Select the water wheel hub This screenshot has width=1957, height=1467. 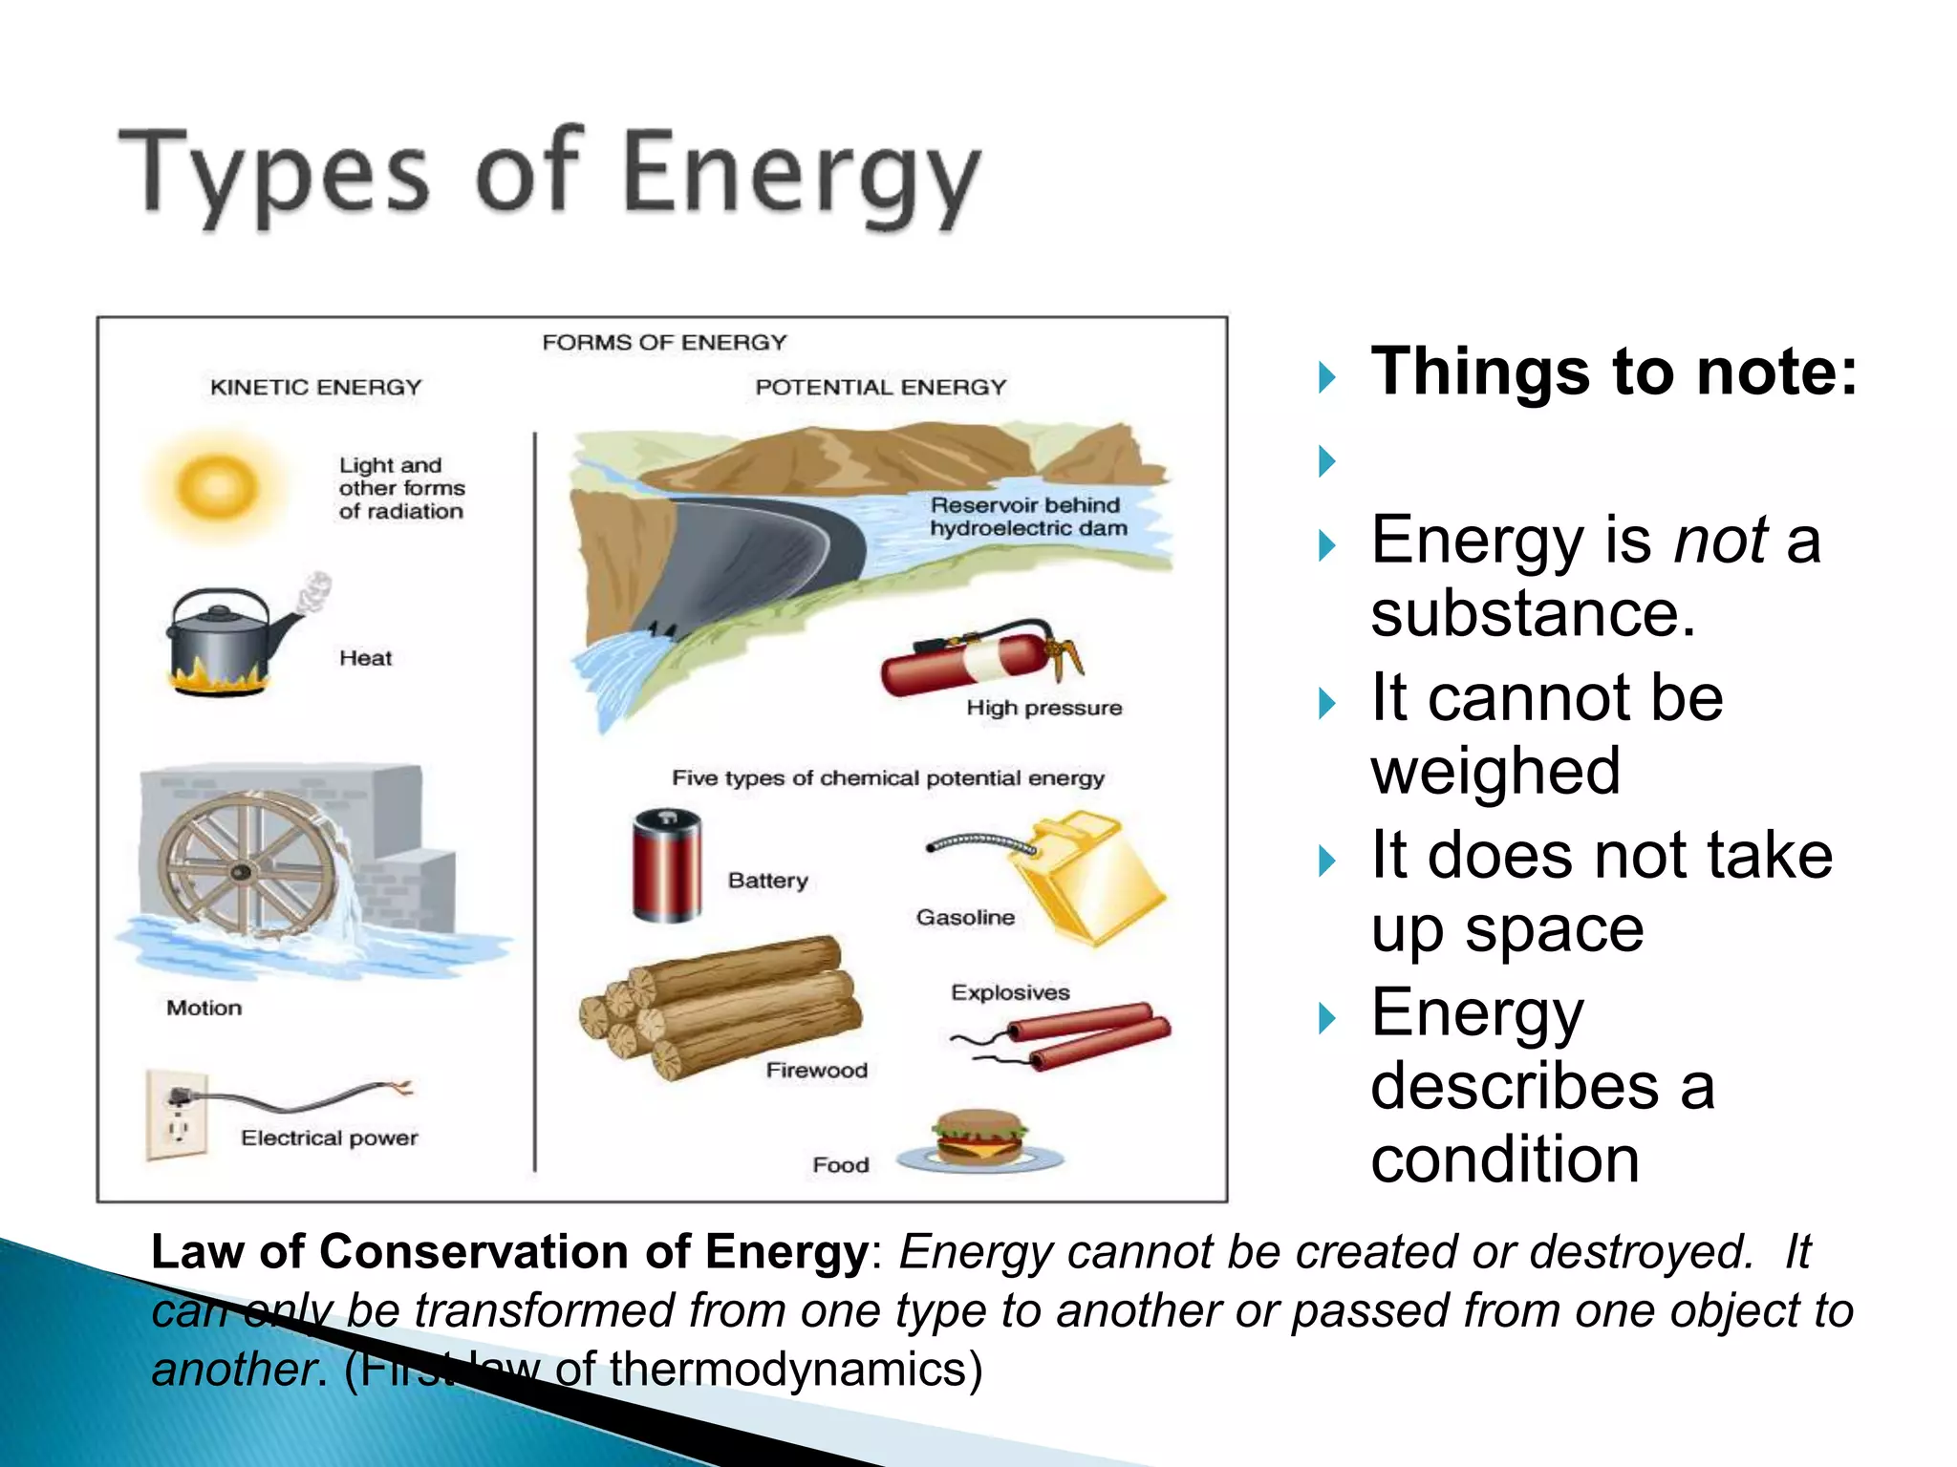tap(242, 871)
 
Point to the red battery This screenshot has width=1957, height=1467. tap(667, 865)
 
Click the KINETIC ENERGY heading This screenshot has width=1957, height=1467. tap(315, 387)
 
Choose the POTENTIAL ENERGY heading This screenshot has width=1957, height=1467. tap(880, 387)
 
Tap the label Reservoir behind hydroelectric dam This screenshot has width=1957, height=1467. tap(1027, 517)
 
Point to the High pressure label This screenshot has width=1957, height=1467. tap(1043, 708)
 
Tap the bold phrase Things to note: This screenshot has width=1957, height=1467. tap(1614, 371)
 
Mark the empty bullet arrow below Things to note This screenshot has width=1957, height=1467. tap(1327, 461)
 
